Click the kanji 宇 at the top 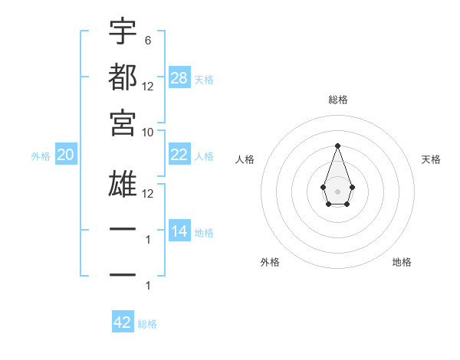coord(123,31)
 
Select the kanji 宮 coord(123,123)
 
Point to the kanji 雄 coord(123,185)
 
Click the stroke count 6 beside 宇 coord(147,40)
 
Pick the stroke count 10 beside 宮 coord(148,132)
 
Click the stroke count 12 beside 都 coord(148,86)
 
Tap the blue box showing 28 coord(179,78)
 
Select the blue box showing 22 coord(179,155)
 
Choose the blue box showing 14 coord(179,231)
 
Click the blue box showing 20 coord(65,155)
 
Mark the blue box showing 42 coord(123,322)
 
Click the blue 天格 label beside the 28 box coord(204,79)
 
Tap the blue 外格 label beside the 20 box coord(41,156)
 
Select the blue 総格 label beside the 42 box coord(147,323)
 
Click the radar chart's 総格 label coord(337,100)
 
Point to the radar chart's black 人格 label coord(245,159)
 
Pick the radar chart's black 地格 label coord(402,262)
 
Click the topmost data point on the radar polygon coord(337,146)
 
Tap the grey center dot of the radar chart coord(337,191)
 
